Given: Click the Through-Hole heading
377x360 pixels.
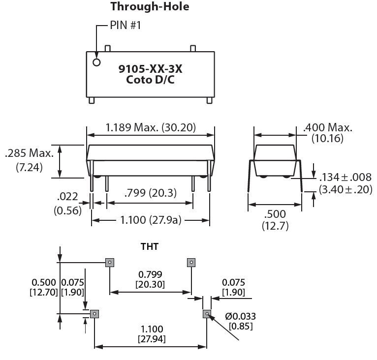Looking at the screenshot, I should (x=150, y=6).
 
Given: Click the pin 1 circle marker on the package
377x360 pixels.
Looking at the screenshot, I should (x=96, y=62).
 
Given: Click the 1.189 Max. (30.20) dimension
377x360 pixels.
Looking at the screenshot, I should (x=151, y=128).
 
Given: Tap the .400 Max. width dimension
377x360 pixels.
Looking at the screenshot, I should (x=328, y=128).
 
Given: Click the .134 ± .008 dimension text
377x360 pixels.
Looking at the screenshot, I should (x=346, y=177).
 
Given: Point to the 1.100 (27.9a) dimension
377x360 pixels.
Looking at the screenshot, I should (x=151, y=220).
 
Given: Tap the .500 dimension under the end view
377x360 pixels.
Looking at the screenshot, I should (x=275, y=215).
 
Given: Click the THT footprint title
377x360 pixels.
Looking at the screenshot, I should (x=150, y=246).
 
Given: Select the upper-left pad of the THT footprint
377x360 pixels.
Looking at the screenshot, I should (x=110, y=262).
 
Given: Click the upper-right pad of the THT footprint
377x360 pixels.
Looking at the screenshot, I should (x=191, y=262).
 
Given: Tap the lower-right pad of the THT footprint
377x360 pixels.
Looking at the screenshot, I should (x=207, y=313).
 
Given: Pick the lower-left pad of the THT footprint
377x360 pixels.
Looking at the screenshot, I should (x=94, y=313).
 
